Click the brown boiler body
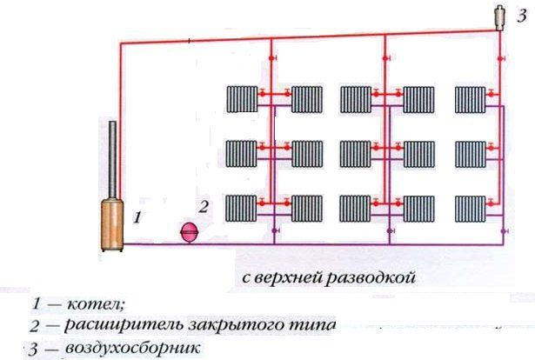tap(112, 221)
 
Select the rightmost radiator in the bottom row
tap(470, 207)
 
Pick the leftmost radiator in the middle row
tap(241, 154)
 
